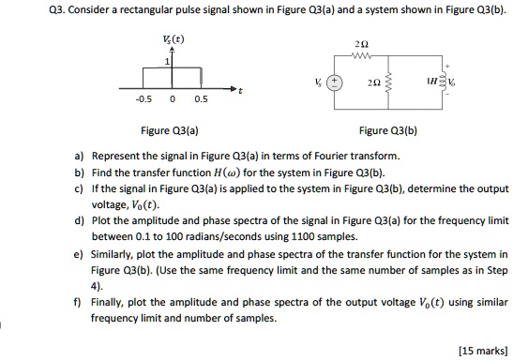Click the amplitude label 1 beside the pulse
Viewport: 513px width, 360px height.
pos(169,61)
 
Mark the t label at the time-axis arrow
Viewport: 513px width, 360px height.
pos(242,92)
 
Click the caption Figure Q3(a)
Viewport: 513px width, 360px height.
pos(168,132)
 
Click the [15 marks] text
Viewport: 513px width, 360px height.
pos(482,351)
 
